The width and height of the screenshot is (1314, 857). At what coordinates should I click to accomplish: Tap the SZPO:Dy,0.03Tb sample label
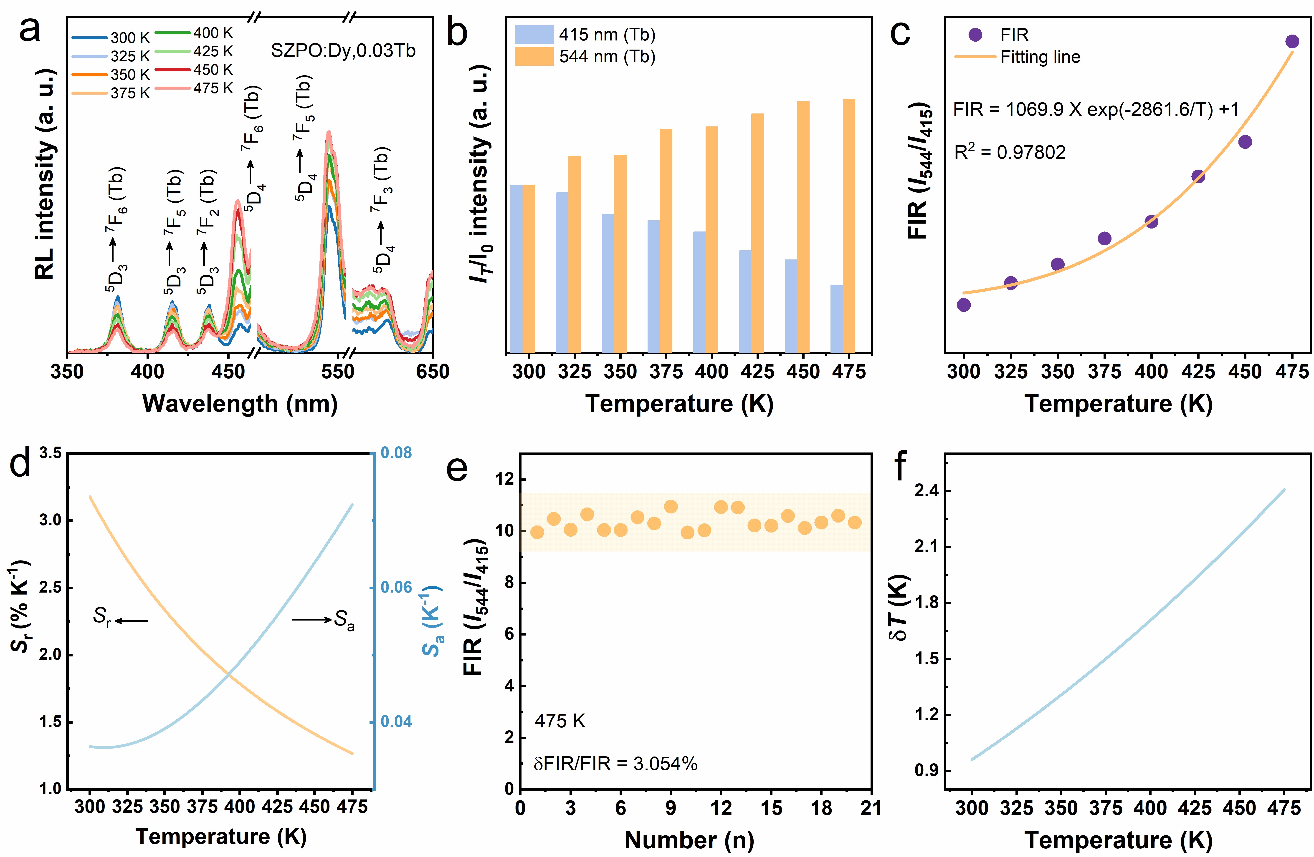(x=343, y=51)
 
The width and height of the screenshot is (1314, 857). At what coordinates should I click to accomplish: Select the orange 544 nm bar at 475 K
(x=849, y=226)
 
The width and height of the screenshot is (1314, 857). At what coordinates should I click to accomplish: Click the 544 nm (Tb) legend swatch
(x=534, y=56)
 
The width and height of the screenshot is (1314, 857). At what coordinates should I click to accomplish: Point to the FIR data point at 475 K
(x=1292, y=41)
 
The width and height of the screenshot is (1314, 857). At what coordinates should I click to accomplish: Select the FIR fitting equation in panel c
(x=1096, y=109)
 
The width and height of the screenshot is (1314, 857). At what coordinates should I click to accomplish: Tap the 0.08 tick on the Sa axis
(x=396, y=453)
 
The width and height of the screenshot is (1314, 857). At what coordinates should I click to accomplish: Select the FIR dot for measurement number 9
(x=671, y=507)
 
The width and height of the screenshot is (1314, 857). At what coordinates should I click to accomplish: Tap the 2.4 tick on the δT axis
(x=927, y=491)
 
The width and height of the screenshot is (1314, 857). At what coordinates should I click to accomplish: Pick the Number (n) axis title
(x=689, y=840)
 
